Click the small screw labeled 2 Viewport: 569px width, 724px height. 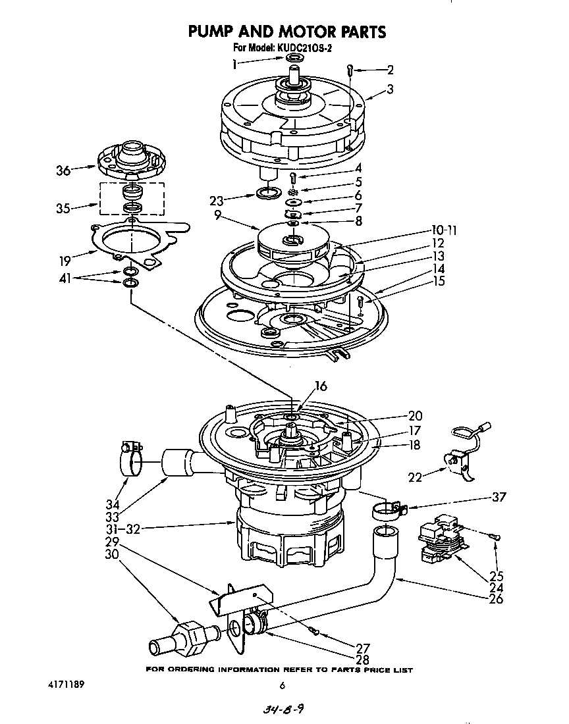pyautogui.click(x=352, y=69)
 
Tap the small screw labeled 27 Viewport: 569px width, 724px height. pyautogui.click(x=317, y=633)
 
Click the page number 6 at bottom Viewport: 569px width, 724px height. pyautogui.click(x=282, y=686)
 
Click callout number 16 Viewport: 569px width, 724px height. pyautogui.click(x=321, y=387)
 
